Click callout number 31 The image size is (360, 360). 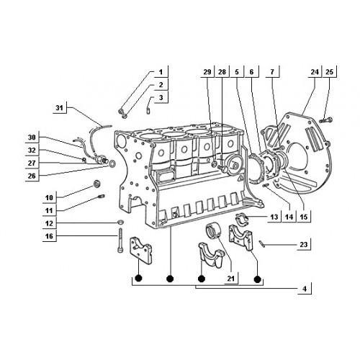(59, 108)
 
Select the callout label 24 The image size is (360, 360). (315, 72)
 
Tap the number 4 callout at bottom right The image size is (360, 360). (305, 289)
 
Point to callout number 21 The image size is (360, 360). (230, 279)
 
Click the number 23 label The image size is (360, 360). (304, 245)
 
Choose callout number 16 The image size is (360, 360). (49, 236)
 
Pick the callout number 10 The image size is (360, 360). (49, 198)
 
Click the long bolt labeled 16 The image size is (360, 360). (120, 240)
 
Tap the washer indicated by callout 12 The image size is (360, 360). (120, 222)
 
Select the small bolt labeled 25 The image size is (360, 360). (326, 120)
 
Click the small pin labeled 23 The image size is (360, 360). (261, 243)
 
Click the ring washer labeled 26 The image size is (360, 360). (112, 164)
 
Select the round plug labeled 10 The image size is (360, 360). (97, 184)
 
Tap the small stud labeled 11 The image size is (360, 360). (101, 197)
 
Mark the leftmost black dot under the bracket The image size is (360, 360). (138, 279)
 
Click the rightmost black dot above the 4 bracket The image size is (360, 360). (257, 279)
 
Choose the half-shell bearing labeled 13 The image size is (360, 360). (243, 217)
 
